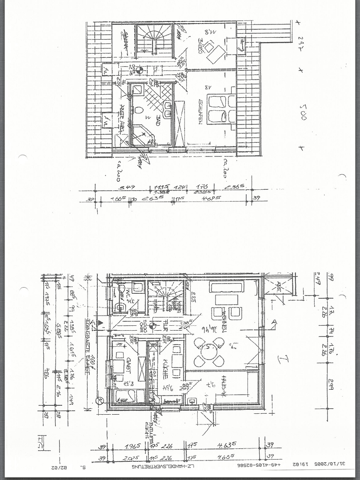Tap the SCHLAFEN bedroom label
click(x=201, y=111)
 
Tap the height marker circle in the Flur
click(x=152, y=327)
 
